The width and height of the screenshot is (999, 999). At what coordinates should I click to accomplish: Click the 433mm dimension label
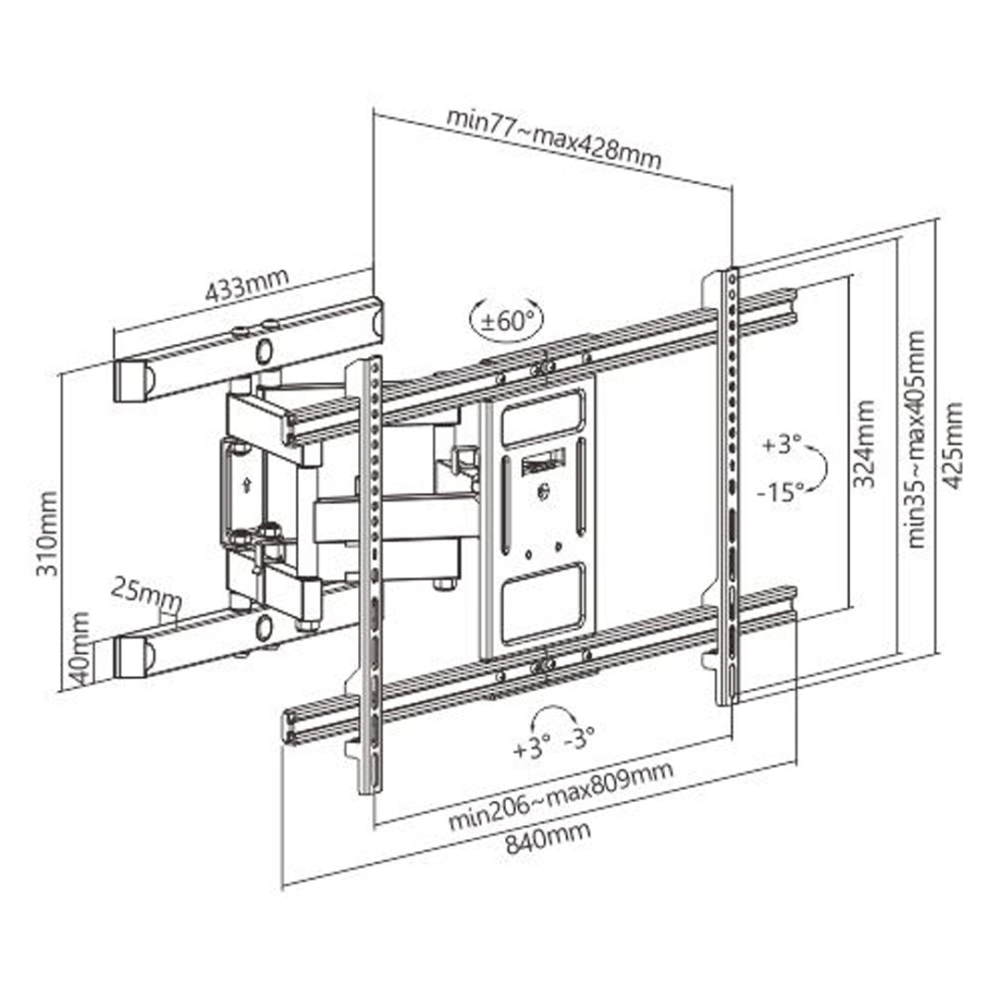[246, 289]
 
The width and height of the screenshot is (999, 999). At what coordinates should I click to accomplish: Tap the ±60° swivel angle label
[507, 322]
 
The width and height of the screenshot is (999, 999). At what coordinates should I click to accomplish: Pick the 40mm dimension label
[80, 647]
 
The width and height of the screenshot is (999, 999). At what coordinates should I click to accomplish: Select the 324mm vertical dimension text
[865, 445]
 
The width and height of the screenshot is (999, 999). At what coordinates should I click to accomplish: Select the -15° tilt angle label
[780, 492]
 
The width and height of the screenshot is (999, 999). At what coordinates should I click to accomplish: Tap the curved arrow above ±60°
[507, 303]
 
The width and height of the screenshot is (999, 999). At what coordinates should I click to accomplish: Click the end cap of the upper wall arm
[132, 380]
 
